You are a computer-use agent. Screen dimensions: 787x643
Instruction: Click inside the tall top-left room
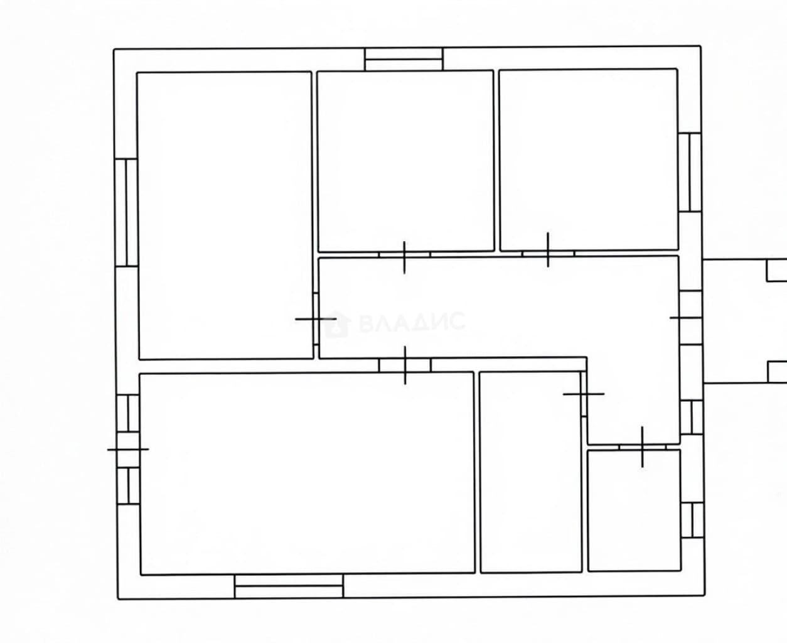pyautogui.click(x=225, y=216)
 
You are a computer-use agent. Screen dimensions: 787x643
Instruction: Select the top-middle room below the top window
pyautogui.click(x=406, y=161)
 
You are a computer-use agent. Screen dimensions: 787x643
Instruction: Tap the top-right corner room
pyautogui.click(x=589, y=160)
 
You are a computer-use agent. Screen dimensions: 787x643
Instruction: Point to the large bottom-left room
pyautogui.click(x=307, y=473)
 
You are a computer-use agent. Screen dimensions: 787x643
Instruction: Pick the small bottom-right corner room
pyautogui.click(x=634, y=511)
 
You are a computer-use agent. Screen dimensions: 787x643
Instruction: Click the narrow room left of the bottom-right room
pyautogui.click(x=531, y=472)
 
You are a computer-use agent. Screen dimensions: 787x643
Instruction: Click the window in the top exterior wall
pyautogui.click(x=404, y=59)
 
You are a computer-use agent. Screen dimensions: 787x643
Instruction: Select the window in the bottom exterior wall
pyautogui.click(x=289, y=586)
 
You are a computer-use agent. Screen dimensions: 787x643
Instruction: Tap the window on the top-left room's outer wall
pyautogui.click(x=127, y=212)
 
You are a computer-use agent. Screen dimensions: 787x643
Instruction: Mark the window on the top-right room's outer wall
pyautogui.click(x=690, y=172)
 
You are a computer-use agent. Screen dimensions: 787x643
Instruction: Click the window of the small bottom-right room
pyautogui.click(x=693, y=520)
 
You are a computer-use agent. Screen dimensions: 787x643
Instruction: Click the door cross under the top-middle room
pyautogui.click(x=404, y=257)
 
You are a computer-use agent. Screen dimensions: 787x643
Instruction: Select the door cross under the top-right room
pyautogui.click(x=548, y=249)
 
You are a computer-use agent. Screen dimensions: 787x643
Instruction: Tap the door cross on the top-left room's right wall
pyautogui.click(x=316, y=319)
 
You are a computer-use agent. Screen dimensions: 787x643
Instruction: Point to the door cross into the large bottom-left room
pyautogui.click(x=405, y=365)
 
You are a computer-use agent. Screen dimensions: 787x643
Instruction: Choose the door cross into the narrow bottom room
pyautogui.click(x=584, y=394)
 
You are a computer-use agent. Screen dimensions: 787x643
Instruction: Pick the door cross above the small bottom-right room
pyautogui.click(x=642, y=446)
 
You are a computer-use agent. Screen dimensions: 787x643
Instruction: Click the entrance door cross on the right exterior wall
pyautogui.click(x=690, y=318)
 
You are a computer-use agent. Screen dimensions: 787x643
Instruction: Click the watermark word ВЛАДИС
pyautogui.click(x=412, y=322)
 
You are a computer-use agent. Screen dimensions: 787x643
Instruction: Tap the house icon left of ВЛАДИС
pyautogui.click(x=337, y=324)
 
